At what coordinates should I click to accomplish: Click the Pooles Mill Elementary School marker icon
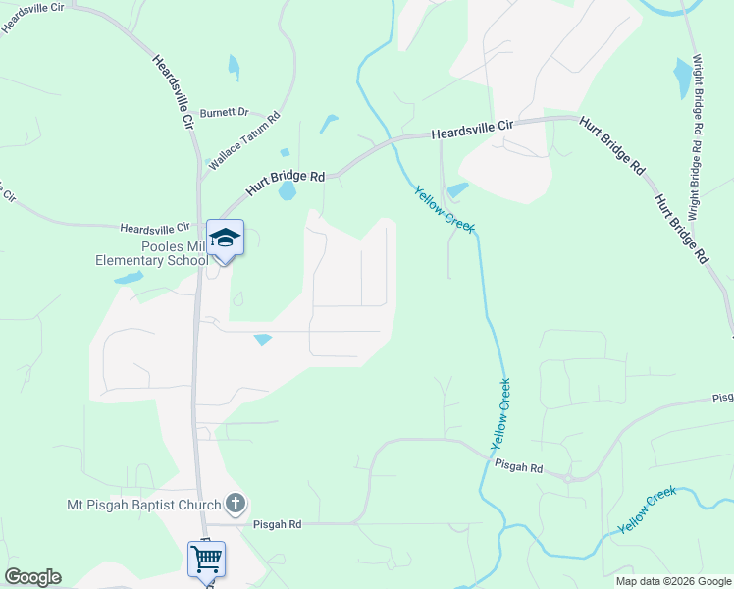click(x=225, y=239)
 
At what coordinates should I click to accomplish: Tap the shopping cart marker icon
click(x=206, y=560)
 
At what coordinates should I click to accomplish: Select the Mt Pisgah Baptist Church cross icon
click(x=235, y=505)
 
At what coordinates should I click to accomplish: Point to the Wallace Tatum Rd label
click(x=244, y=139)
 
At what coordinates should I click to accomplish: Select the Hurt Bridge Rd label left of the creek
click(x=285, y=178)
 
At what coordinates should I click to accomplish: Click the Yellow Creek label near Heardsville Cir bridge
click(x=444, y=209)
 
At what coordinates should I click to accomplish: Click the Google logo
click(x=32, y=577)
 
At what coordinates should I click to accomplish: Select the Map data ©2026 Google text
click(x=673, y=581)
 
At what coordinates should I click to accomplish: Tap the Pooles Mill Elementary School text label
click(x=147, y=254)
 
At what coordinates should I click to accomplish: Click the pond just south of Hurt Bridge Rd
click(x=287, y=191)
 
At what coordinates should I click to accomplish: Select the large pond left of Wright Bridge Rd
click(x=683, y=79)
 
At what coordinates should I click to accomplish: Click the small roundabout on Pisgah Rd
click(x=568, y=477)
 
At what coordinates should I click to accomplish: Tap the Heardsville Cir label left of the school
click(x=155, y=228)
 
